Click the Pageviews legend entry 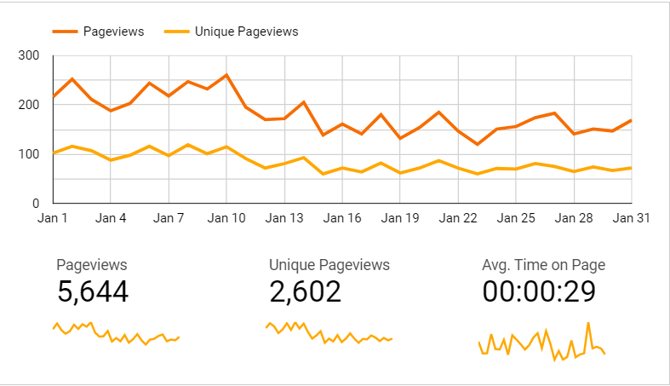[113, 32]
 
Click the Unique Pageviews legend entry [246, 32]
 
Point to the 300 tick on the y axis [29, 56]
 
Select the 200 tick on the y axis [29, 106]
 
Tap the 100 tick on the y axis [29, 154]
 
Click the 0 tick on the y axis [36, 204]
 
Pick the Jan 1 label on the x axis [53, 218]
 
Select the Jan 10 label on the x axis [226, 218]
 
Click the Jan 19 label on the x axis [400, 218]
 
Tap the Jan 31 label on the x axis [632, 218]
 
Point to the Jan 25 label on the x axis [516, 218]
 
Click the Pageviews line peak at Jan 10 [226, 75]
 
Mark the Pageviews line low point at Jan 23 [477, 144]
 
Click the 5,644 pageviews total [93, 292]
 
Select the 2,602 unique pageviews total [305, 292]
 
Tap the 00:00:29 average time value [539, 292]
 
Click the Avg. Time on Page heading [543, 265]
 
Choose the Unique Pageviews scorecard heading [329, 265]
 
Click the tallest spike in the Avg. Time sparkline [588, 323]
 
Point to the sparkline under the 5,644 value [116, 334]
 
